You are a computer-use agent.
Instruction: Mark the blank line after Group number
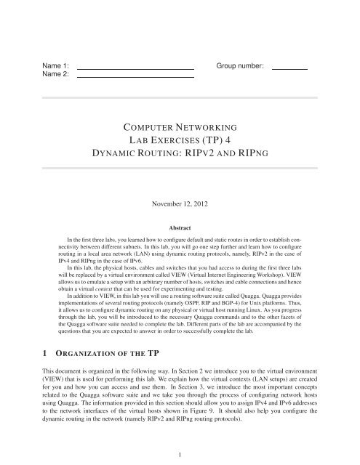pos(290,67)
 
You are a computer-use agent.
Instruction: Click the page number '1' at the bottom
pos(180,455)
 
